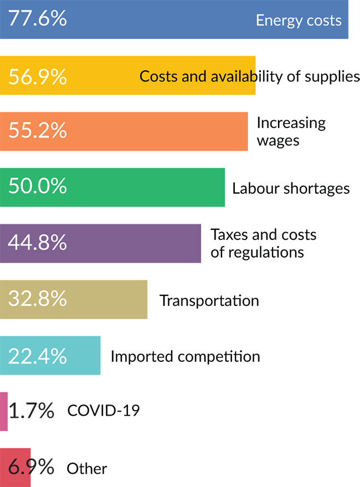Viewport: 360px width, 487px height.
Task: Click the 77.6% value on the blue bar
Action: click(38, 19)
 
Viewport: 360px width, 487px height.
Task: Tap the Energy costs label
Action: click(299, 20)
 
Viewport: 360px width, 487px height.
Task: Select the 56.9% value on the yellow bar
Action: click(38, 76)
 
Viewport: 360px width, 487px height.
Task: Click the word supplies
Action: click(331, 76)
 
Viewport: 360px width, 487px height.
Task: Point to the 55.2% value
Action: click(38, 131)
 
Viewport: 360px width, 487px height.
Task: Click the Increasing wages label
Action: click(291, 131)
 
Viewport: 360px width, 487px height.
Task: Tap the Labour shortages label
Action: click(291, 188)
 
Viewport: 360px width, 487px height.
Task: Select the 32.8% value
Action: click(38, 299)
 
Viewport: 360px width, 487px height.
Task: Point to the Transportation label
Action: click(209, 300)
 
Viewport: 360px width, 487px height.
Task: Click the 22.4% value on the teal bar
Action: click(38, 355)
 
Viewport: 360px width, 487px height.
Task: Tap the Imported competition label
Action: click(185, 356)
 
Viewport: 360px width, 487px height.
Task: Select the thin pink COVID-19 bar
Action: click(4, 411)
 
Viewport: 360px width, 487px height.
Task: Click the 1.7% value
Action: click(32, 411)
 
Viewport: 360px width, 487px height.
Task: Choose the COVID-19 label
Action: click(103, 411)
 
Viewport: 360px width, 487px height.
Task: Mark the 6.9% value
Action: click(32, 468)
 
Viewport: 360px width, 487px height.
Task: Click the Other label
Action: click(87, 469)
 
